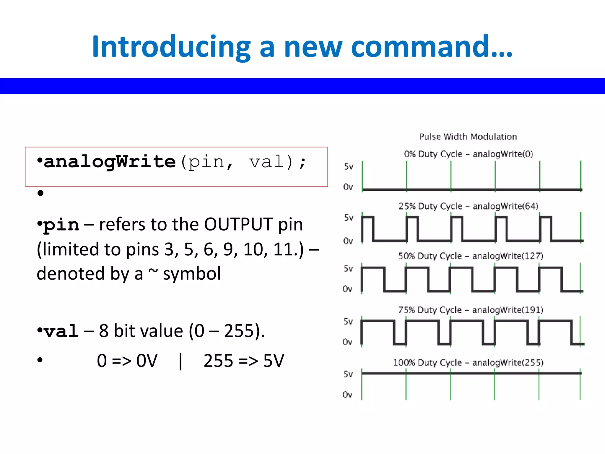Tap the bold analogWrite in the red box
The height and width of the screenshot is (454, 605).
click(x=110, y=162)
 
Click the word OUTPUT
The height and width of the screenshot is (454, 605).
click(x=238, y=225)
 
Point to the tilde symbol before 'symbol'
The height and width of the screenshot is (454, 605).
click(x=153, y=271)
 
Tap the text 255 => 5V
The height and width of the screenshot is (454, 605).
click(x=244, y=361)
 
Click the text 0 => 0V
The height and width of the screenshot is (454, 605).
click(x=127, y=361)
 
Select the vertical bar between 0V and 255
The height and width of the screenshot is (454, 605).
click(x=180, y=361)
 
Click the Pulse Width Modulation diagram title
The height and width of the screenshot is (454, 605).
click(x=468, y=137)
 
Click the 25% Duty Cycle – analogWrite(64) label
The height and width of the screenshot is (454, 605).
click(x=469, y=206)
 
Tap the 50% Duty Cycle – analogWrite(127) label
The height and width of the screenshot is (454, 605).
click(x=471, y=256)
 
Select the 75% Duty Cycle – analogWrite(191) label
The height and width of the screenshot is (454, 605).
click(x=471, y=310)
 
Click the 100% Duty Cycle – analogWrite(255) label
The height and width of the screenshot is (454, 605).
click(x=468, y=363)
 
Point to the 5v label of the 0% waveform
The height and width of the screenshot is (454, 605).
click(x=349, y=167)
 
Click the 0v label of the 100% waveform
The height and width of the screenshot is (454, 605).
click(x=347, y=395)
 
